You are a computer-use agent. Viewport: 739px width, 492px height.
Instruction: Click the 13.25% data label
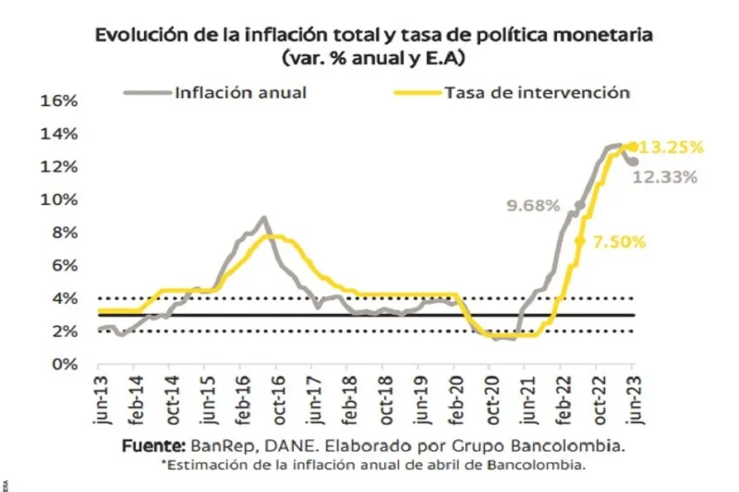coord(672,147)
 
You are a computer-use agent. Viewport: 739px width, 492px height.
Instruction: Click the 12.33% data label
coord(664,177)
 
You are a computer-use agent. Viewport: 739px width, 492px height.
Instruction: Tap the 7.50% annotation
coord(617,242)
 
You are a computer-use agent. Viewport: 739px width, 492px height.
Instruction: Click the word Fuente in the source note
coord(153,446)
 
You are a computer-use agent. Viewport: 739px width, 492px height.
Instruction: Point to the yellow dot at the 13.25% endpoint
coord(633,146)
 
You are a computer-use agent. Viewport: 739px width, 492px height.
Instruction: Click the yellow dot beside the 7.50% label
coord(579,241)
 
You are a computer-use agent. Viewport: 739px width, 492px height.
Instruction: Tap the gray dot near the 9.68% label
coord(580,206)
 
